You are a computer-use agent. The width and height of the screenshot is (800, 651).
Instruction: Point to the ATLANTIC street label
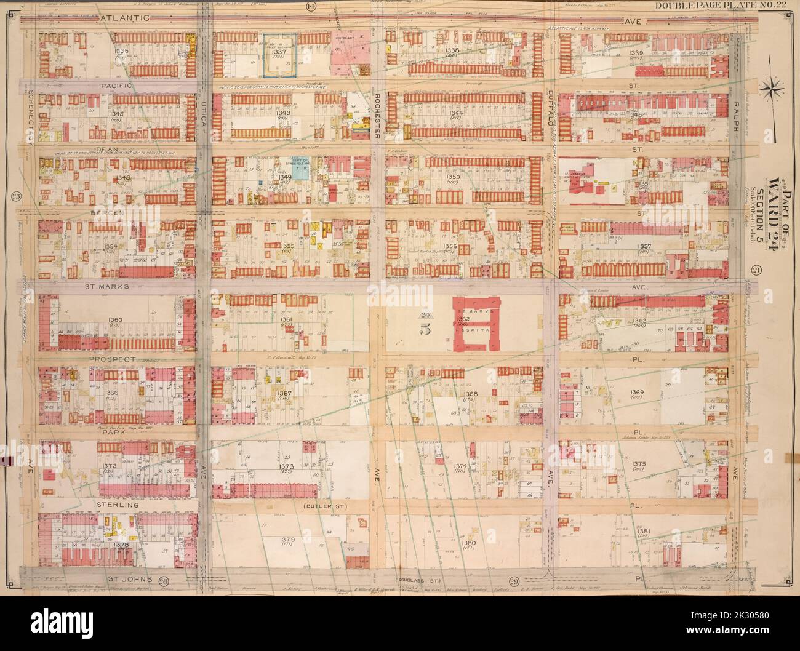[124, 19]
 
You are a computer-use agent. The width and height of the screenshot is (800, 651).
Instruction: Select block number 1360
[115, 320]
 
